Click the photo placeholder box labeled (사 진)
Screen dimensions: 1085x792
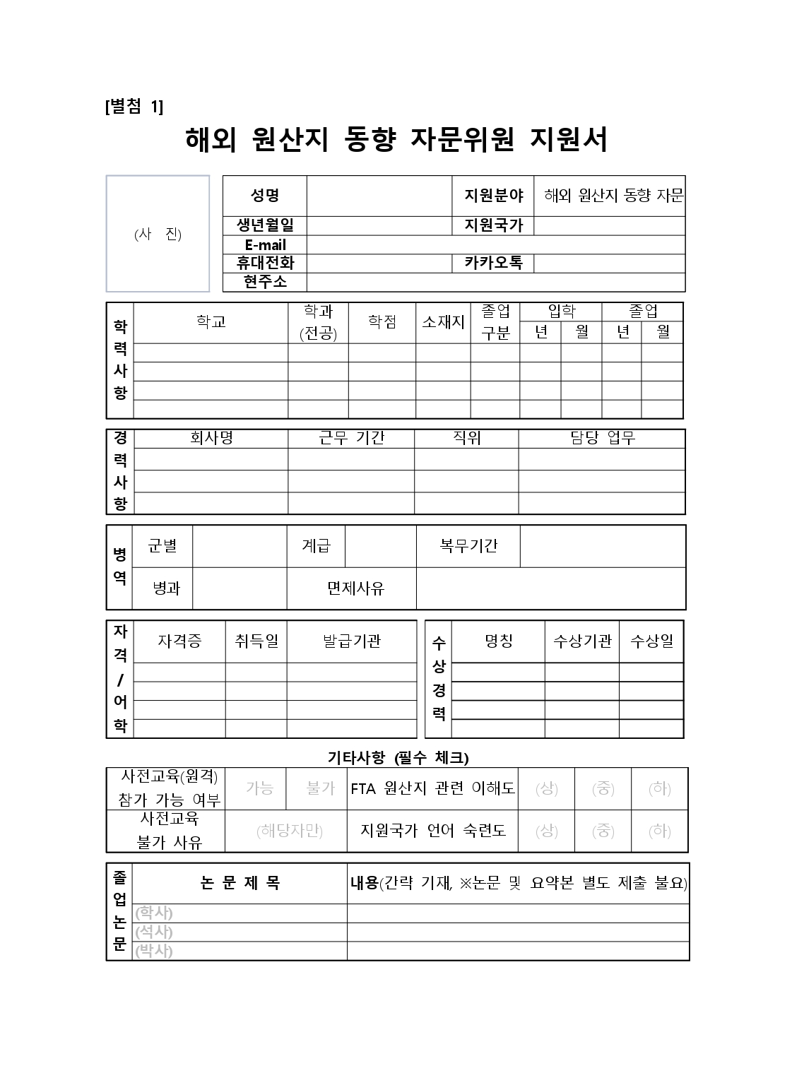tap(158, 234)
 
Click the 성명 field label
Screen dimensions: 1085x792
tap(265, 196)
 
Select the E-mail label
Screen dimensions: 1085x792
tap(265, 245)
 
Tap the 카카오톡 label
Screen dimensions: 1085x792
tap(493, 263)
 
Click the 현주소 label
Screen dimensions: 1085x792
tap(265, 282)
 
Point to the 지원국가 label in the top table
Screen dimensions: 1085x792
tap(493, 225)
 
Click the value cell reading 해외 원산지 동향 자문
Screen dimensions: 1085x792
tap(609, 196)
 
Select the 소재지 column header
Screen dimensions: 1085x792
tap(443, 322)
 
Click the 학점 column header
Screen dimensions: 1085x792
tap(382, 322)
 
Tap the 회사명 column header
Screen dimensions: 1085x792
tap(211, 438)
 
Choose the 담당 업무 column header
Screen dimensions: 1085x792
tap(602, 438)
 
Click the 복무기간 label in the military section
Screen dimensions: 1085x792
tap(468, 545)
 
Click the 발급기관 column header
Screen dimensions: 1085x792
tap(351, 641)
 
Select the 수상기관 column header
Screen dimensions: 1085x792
tap(581, 641)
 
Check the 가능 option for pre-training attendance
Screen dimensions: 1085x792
tap(259, 788)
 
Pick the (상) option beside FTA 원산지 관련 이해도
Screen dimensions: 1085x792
tap(546, 788)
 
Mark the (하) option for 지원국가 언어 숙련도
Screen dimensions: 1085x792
tap(659, 831)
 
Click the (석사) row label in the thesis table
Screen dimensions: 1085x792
tap(154, 932)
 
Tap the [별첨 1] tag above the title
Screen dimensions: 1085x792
tap(134, 107)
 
